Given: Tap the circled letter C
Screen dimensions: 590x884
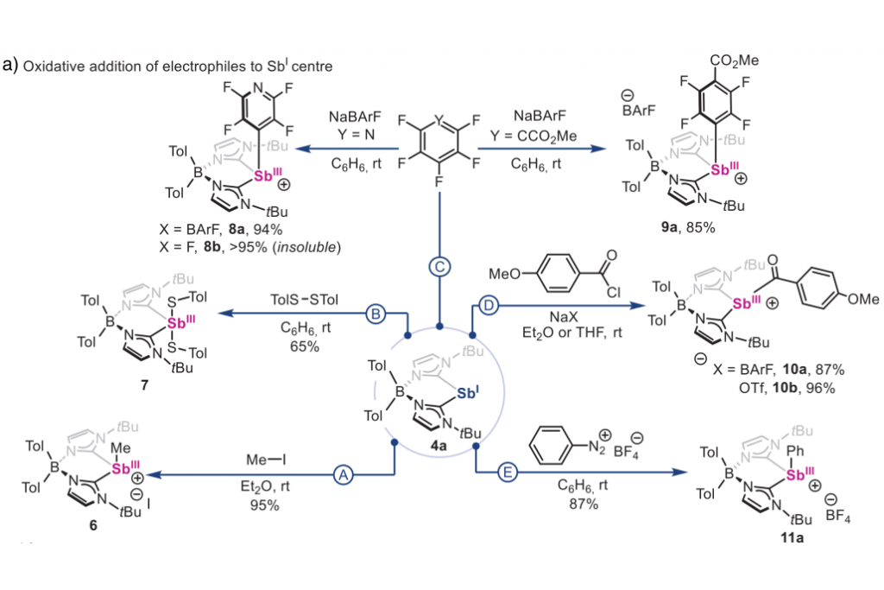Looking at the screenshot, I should click(439, 266).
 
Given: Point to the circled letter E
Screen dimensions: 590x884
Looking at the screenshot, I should click(508, 473).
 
